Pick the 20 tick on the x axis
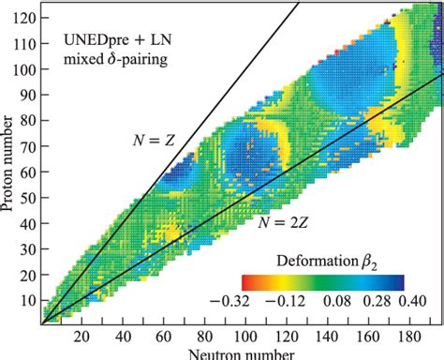click(81, 336)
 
